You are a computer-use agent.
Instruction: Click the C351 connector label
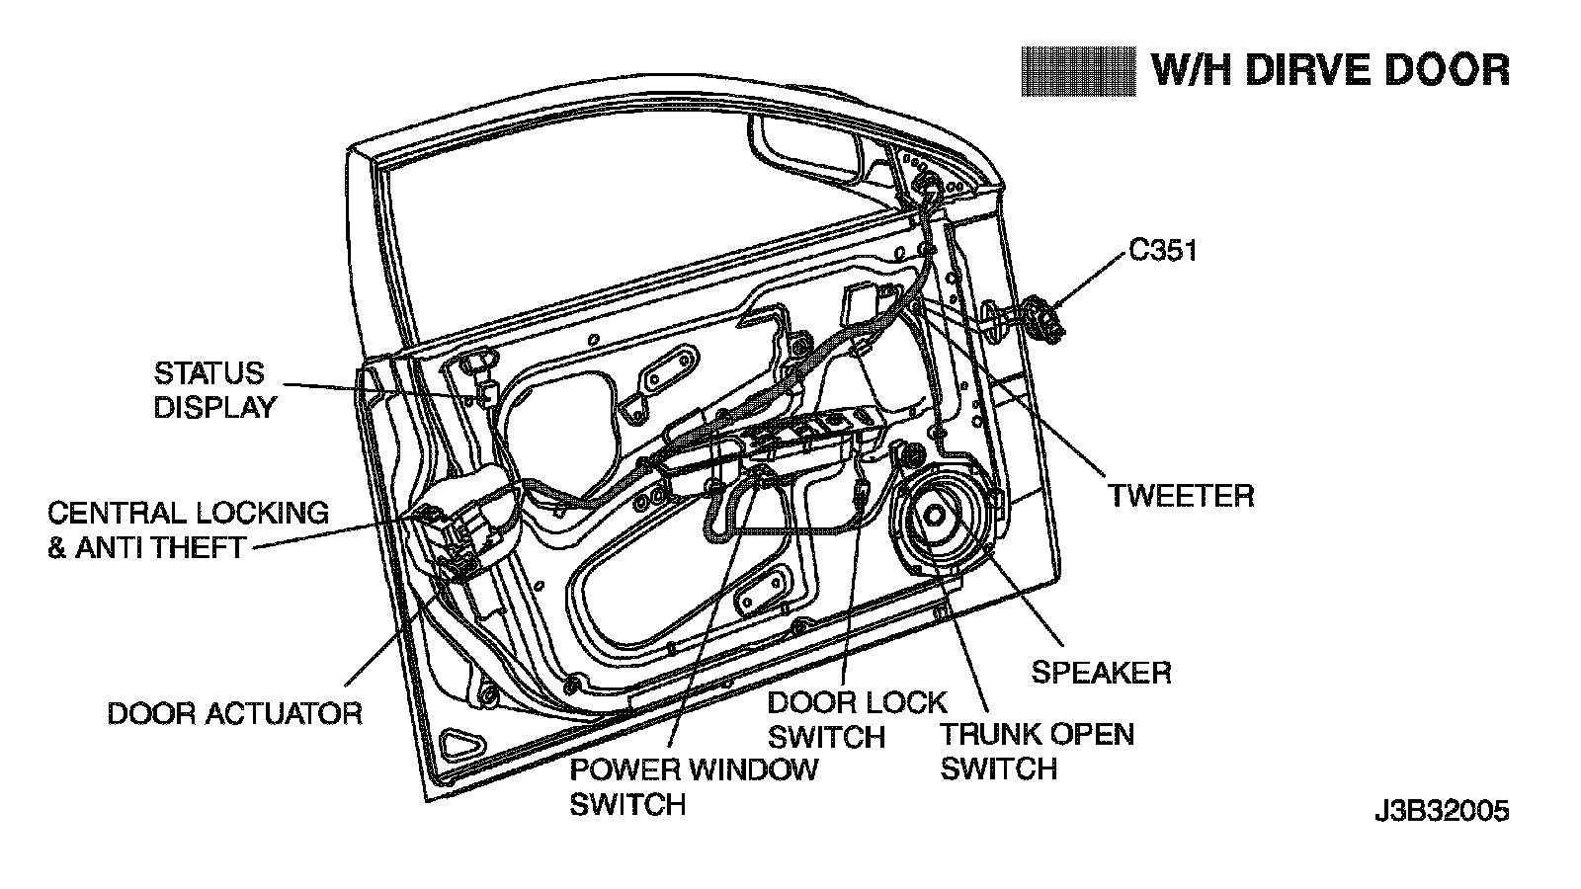[1163, 251]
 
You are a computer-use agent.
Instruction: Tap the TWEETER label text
[1180, 495]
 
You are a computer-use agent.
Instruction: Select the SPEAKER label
[1101, 673]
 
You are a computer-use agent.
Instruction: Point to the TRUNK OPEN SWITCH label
[1037, 752]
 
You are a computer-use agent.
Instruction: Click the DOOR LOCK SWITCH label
[857, 720]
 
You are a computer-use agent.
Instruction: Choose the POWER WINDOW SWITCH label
[694, 786]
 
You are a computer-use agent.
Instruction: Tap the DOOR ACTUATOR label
[234, 713]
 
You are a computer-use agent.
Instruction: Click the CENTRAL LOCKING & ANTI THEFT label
[188, 529]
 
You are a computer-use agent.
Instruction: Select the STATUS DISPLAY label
[214, 389]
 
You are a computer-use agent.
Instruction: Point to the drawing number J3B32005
[1442, 812]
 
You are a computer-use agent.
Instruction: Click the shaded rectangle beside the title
[1078, 71]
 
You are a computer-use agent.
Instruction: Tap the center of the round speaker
[934, 515]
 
